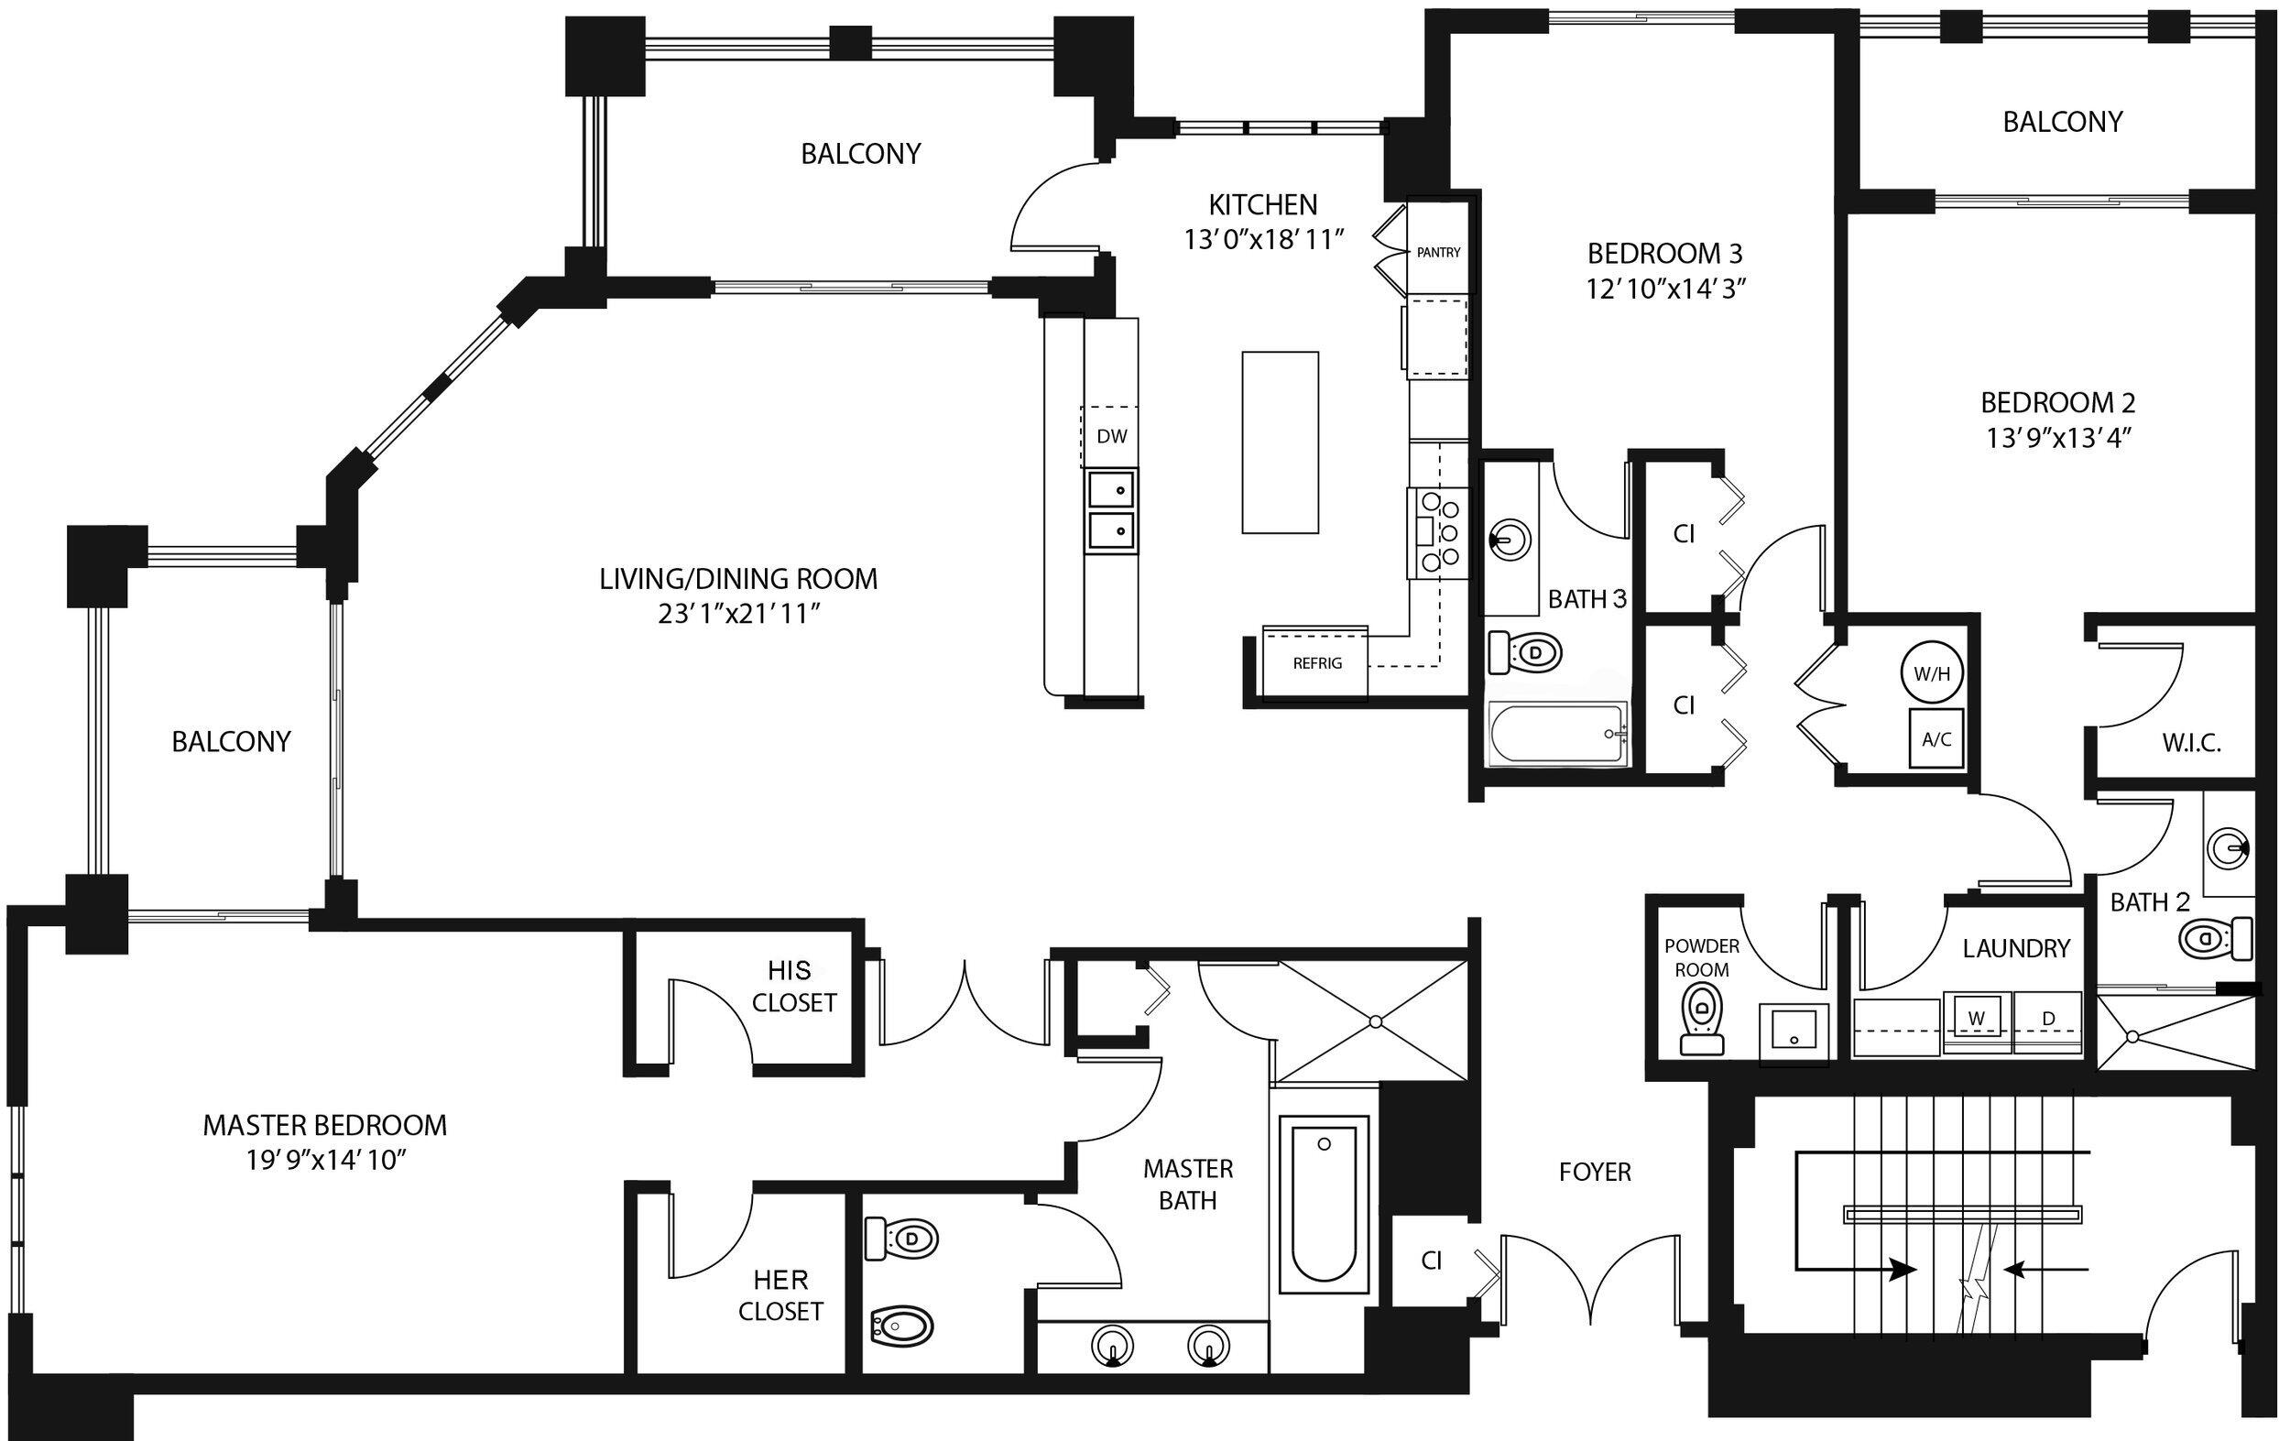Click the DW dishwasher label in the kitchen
click(x=1111, y=437)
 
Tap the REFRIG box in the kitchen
click(x=1316, y=663)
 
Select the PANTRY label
click(x=1438, y=252)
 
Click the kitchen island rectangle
click(x=1280, y=442)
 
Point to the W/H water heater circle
click(x=1932, y=674)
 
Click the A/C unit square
click(x=1936, y=738)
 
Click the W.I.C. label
click(x=2191, y=744)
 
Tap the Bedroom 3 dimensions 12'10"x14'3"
click(x=1664, y=289)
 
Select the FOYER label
click(x=1595, y=1172)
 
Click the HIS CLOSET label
click(x=792, y=987)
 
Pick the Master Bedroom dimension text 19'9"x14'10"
click(x=325, y=1162)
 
